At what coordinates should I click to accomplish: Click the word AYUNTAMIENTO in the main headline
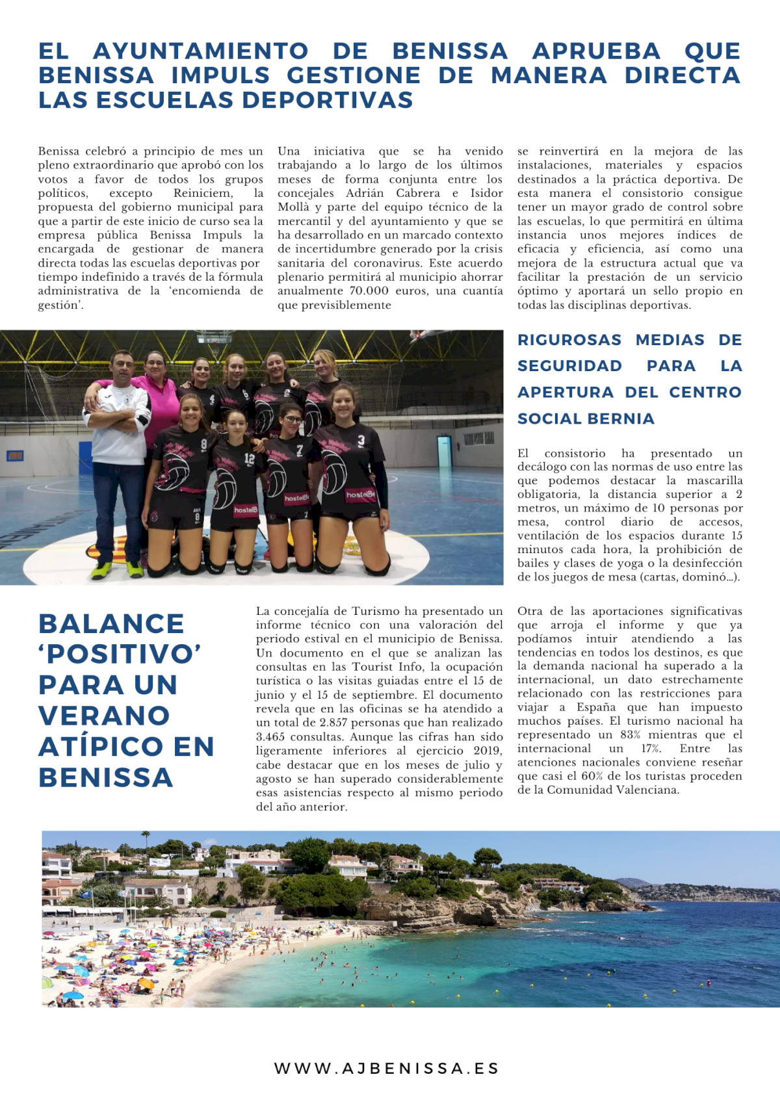point(200,51)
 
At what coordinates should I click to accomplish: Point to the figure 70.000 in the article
point(369,291)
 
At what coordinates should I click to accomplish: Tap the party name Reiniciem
point(203,193)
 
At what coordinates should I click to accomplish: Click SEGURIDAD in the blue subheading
point(569,366)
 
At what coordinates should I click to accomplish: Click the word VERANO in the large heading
point(104,716)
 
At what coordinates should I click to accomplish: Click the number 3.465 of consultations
point(271,737)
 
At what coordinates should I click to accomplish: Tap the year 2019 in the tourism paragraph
point(487,751)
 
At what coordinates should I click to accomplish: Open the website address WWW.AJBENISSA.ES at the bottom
point(387,1069)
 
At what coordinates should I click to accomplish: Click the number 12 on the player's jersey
point(250,458)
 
